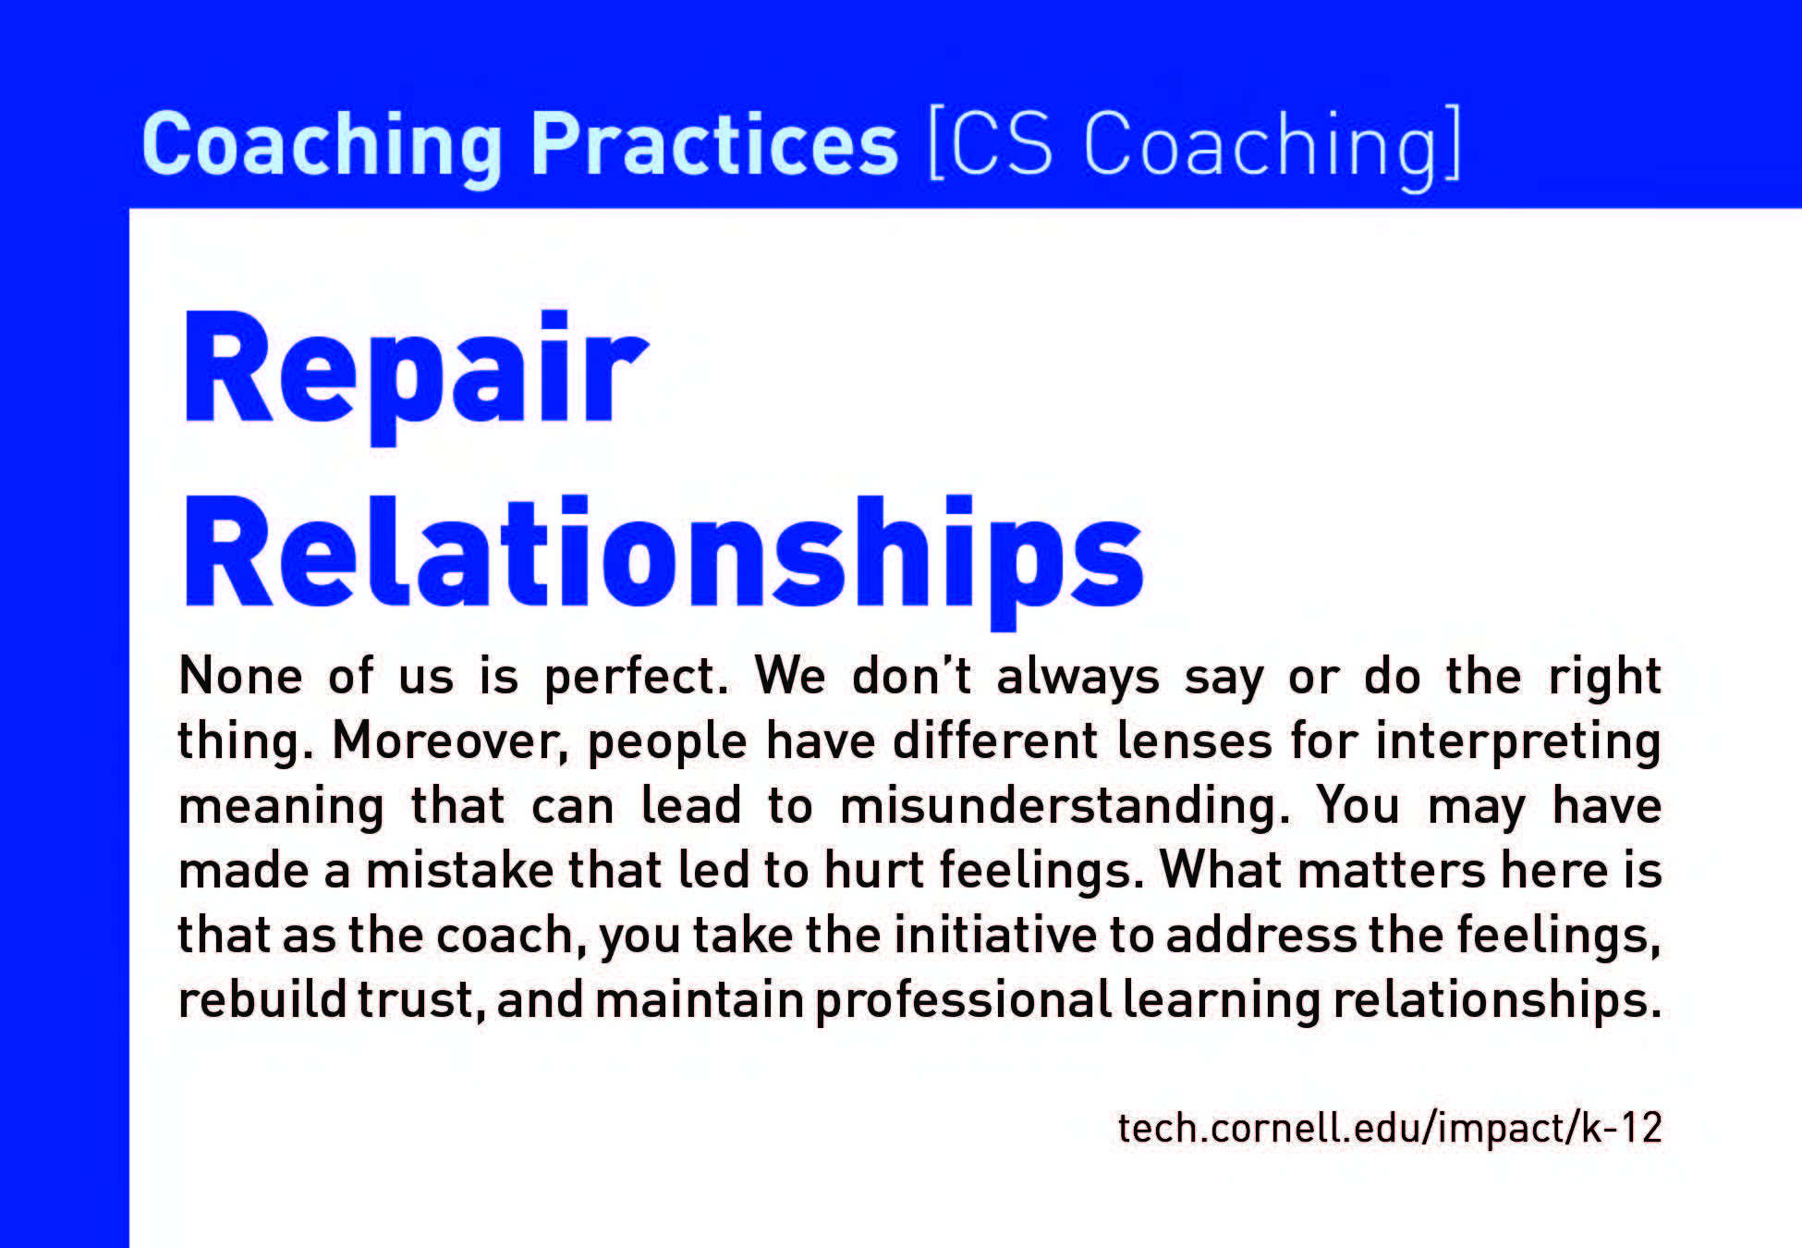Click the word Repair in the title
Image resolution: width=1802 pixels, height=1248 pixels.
tap(415, 374)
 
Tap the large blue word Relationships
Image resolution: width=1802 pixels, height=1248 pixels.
tap(664, 560)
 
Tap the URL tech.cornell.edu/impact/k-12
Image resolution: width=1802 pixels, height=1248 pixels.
tap(1390, 1129)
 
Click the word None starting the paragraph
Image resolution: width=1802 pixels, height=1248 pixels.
tap(240, 676)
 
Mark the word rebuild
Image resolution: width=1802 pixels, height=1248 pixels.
tap(262, 1000)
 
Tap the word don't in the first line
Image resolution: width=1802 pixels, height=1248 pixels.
tap(911, 676)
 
